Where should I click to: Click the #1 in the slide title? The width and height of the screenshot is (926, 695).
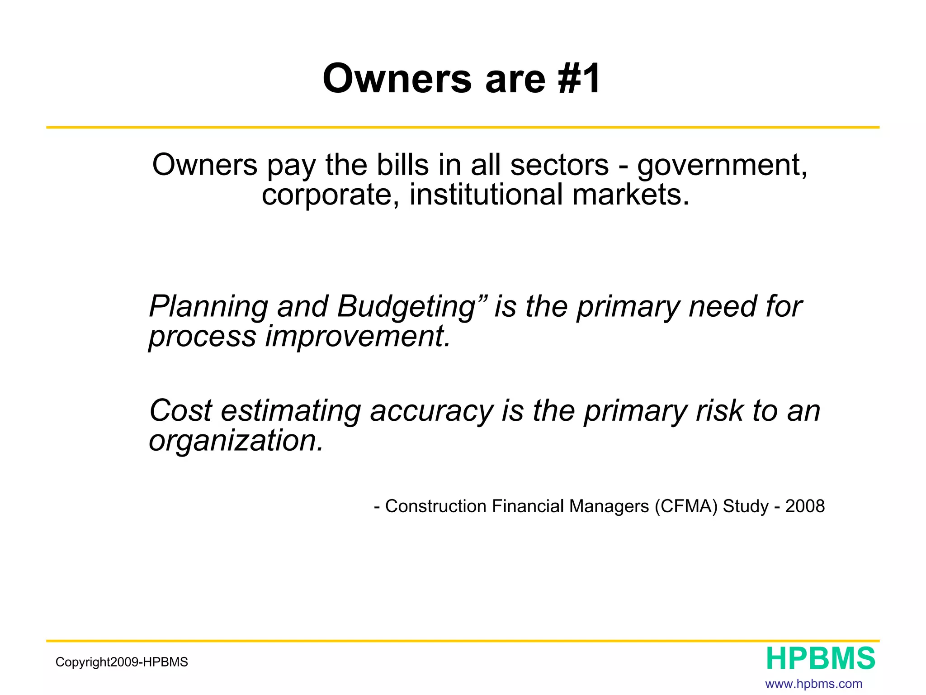pos(580,79)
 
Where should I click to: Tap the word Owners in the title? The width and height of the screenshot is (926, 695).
pos(397,79)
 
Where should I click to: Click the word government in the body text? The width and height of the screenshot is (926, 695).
pos(722,166)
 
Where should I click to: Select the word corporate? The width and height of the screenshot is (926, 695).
pos(330,195)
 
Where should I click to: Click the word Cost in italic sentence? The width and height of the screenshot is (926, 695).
pos(180,411)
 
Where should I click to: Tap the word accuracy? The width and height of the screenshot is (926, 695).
pos(432,412)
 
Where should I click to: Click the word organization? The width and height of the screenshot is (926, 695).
pos(236,441)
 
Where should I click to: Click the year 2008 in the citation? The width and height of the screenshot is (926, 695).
pos(805,506)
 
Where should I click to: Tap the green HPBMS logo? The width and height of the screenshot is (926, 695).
pos(821,659)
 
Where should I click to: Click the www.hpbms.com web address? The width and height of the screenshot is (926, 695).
pos(813,684)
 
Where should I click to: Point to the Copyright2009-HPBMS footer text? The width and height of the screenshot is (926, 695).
pos(122,662)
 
